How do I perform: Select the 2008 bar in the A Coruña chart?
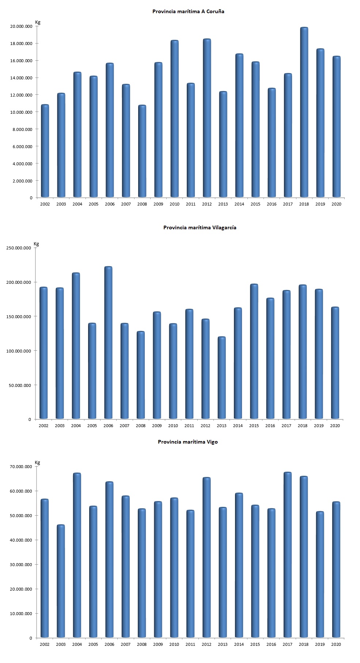[142, 151]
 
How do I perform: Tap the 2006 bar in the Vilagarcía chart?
[108, 343]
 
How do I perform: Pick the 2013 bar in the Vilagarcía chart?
[221, 378]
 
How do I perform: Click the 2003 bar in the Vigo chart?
[61, 581]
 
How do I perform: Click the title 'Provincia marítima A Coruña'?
[188, 11]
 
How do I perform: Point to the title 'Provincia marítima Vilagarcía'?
[200, 227]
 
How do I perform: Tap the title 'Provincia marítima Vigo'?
[187, 442]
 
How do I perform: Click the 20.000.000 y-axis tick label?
[21, 26]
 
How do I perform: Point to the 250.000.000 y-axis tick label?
[19, 248]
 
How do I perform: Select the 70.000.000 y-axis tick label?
[21, 467]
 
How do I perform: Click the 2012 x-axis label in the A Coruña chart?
[207, 204]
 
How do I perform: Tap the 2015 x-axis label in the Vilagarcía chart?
[254, 426]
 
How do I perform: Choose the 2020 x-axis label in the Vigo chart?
[336, 644]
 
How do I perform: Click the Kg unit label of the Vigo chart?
[37, 463]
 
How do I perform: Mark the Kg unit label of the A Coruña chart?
[38, 22]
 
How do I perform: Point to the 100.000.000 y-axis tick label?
[19, 351]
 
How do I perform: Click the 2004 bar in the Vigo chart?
[77, 555]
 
